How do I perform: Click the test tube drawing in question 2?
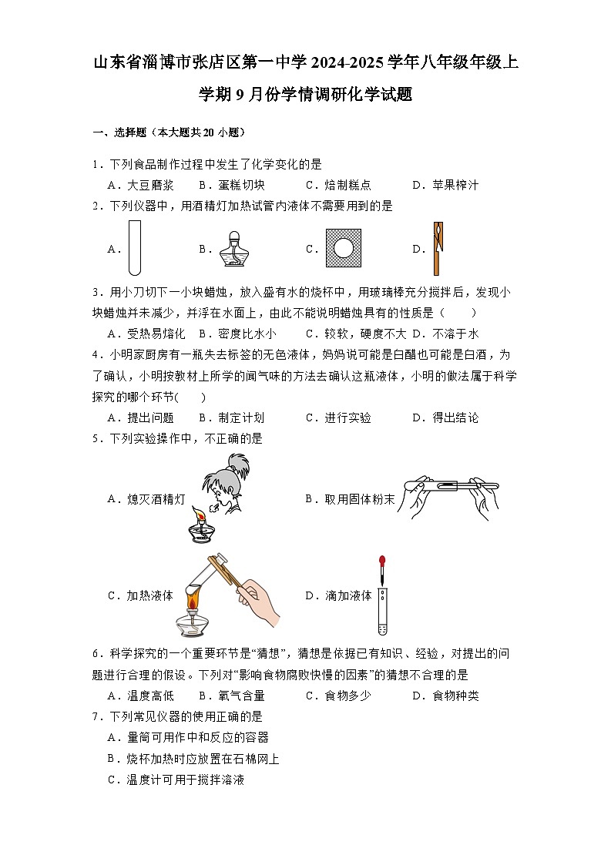[x=135, y=248]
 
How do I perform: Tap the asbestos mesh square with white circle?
[x=343, y=248]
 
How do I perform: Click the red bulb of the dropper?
[x=382, y=560]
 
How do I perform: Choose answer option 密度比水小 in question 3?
[x=246, y=334]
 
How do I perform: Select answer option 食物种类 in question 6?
[x=454, y=696]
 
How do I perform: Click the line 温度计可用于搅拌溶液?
[x=185, y=780]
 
